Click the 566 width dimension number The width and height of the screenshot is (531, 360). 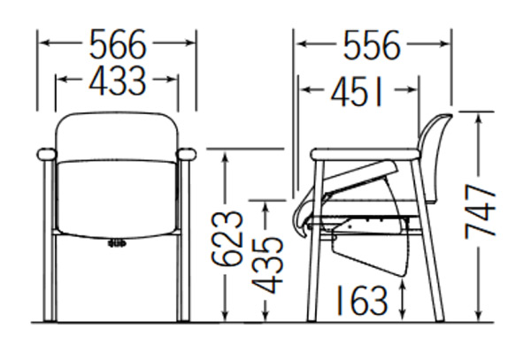pyautogui.click(x=118, y=44)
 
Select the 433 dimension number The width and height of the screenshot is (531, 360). pyautogui.click(x=118, y=80)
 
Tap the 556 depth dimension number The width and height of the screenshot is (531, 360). pyautogui.click(x=372, y=45)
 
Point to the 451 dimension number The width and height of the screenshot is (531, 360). pyautogui.click(x=357, y=91)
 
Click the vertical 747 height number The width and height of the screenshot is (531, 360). pyautogui.click(x=480, y=211)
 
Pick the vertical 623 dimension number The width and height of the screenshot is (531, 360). pyautogui.click(x=227, y=239)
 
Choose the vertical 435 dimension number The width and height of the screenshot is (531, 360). pyautogui.click(x=267, y=265)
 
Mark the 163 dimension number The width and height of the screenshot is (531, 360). pyautogui.click(x=361, y=300)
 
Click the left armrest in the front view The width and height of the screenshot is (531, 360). pyautogui.click(x=47, y=154)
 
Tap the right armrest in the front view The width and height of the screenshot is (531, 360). pyautogui.click(x=186, y=154)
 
